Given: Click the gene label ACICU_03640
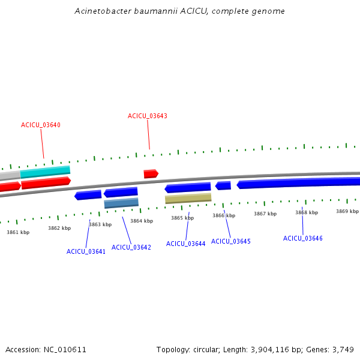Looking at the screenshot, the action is pyautogui.click(x=41, y=125).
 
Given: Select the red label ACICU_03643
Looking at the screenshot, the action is pyautogui.click(x=147, y=116).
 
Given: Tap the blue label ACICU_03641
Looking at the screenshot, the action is pyautogui.click(x=86, y=251).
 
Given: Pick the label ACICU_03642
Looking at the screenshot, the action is pyautogui.click(x=131, y=247).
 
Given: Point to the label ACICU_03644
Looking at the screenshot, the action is pyautogui.click(x=185, y=244).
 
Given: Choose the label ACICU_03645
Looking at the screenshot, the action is pyautogui.click(x=231, y=241).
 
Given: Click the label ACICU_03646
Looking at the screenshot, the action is pyautogui.click(x=302, y=238).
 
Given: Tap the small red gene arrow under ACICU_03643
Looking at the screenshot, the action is pyautogui.click(x=151, y=174).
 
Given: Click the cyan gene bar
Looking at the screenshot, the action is pyautogui.click(x=45, y=172).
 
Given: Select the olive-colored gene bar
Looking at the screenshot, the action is pyautogui.click(x=188, y=198).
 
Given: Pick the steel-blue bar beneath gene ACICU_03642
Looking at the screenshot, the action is pyautogui.click(x=121, y=203).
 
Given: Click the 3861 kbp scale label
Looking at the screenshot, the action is pyautogui.click(x=18, y=232).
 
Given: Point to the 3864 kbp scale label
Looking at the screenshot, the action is pyautogui.click(x=142, y=221).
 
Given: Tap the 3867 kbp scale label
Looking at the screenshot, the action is pyautogui.click(x=265, y=214).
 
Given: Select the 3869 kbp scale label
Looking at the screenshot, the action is pyautogui.click(x=347, y=211).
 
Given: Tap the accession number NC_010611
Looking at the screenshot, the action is pyautogui.click(x=65, y=349).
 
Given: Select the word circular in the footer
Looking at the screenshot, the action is pyautogui.click(x=211, y=349).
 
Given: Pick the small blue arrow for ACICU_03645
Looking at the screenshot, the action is pyautogui.click(x=223, y=186).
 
